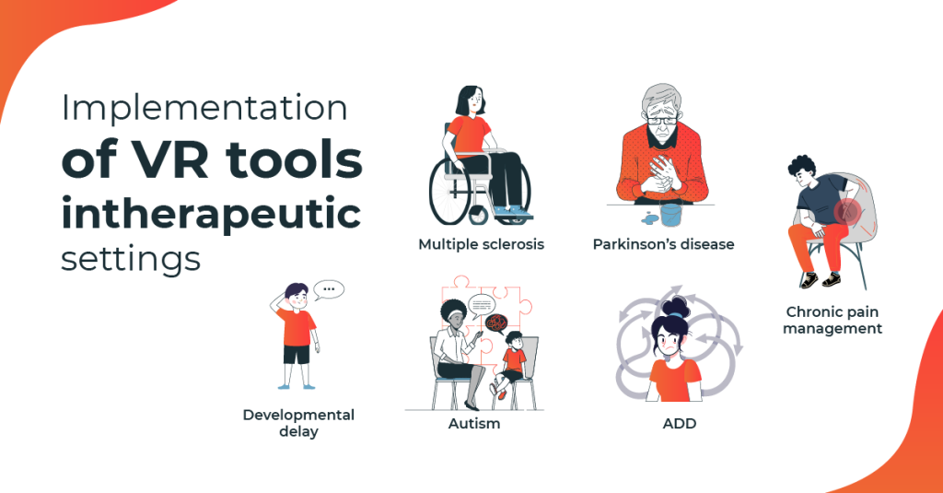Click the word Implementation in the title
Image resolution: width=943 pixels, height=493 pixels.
point(204,109)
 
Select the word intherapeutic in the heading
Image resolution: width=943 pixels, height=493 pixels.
point(211,214)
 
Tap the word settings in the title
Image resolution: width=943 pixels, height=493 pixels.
point(130,258)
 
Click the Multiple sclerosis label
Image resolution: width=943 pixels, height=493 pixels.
point(481,245)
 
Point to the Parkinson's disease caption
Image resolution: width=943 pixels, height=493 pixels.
point(663,245)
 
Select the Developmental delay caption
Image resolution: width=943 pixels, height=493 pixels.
point(298,423)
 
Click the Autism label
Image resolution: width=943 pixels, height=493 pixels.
point(474,424)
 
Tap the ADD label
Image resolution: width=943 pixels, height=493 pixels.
point(679,424)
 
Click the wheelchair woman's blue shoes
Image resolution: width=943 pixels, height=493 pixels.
point(511,214)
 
